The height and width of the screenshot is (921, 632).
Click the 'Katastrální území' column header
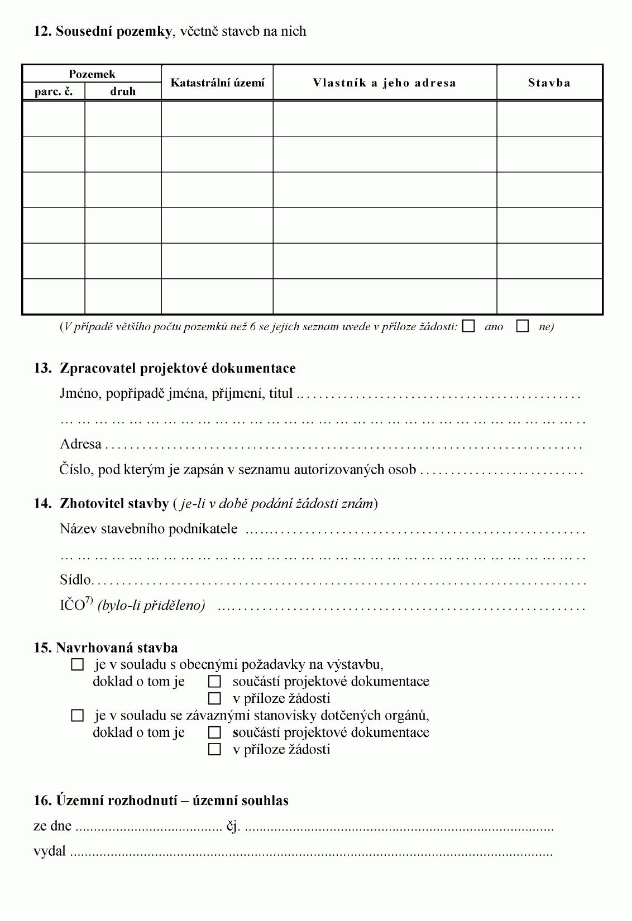coord(217,83)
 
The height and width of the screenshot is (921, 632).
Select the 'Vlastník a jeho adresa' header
coord(384,83)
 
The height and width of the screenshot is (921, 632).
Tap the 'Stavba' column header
coord(549,83)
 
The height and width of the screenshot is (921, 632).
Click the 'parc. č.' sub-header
coord(54,91)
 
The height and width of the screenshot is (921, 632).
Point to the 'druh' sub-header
coord(123,91)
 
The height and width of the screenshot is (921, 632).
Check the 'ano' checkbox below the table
coord(469,326)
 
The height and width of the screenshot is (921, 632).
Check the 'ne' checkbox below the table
coord(523,326)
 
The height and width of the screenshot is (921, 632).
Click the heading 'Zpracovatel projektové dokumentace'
coord(178,368)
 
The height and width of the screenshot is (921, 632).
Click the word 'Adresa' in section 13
coord(80,444)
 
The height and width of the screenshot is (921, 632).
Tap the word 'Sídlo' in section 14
coord(75,580)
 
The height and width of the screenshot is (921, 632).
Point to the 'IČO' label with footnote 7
coord(72,605)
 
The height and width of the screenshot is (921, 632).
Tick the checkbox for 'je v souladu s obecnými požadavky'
coord(78,665)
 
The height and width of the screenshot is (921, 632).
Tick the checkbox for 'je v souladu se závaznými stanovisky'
coord(78,716)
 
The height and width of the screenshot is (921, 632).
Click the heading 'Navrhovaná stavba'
coord(117,648)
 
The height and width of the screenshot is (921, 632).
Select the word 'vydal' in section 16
coord(50,852)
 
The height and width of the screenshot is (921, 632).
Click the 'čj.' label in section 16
coord(233,826)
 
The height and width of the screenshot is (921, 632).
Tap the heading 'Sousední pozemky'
coord(113,31)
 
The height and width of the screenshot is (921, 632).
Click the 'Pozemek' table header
coord(92,74)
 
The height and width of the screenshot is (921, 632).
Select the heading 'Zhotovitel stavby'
coord(114,504)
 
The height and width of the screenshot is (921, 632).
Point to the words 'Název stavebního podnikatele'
coord(149,529)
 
